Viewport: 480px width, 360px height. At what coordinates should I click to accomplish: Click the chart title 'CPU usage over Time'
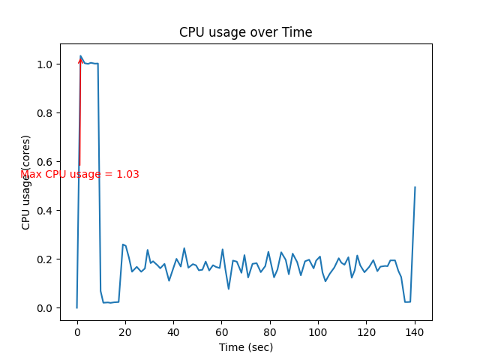click(x=245, y=32)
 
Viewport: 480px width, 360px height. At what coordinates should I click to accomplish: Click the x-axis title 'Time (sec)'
click(x=245, y=347)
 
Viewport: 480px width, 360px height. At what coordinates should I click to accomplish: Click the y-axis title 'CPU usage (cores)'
click(x=26, y=182)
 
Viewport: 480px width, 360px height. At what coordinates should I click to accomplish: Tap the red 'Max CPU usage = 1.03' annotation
click(x=79, y=174)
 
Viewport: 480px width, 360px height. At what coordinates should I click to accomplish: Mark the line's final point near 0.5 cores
click(x=415, y=187)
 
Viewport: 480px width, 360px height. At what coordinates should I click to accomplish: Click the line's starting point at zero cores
click(x=77, y=307)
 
